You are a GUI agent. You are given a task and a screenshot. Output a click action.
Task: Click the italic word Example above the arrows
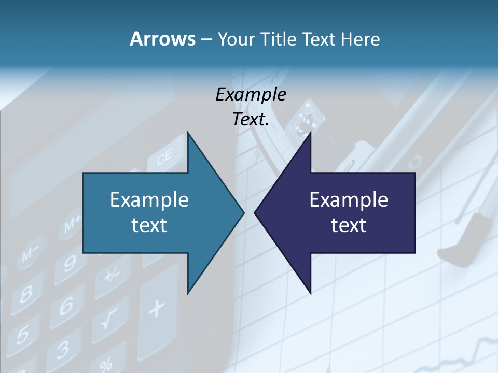(x=251, y=95)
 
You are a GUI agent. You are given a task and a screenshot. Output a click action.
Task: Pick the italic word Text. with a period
(x=251, y=120)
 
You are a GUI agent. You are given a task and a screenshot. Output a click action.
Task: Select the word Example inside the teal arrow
(x=149, y=199)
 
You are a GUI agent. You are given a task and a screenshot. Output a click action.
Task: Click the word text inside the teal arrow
(x=149, y=225)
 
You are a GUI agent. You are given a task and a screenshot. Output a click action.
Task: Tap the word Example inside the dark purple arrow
(x=349, y=199)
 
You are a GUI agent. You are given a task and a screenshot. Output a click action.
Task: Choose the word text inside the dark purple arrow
(x=349, y=225)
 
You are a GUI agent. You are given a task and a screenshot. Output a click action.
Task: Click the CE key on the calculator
(x=165, y=159)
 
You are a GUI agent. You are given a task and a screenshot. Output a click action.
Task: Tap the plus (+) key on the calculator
(x=156, y=310)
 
